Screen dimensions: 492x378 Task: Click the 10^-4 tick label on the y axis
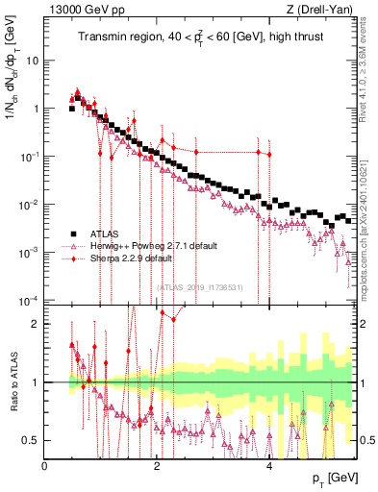click(28, 300)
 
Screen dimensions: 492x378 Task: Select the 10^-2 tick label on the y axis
click(28, 204)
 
